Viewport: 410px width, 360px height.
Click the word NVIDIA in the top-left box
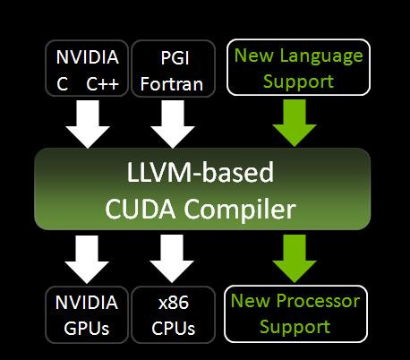tap(88, 58)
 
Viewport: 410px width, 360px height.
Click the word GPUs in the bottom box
tap(88, 328)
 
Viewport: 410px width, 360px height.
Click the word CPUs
tap(173, 328)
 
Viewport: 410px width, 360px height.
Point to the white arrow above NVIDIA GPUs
tap(87, 259)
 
